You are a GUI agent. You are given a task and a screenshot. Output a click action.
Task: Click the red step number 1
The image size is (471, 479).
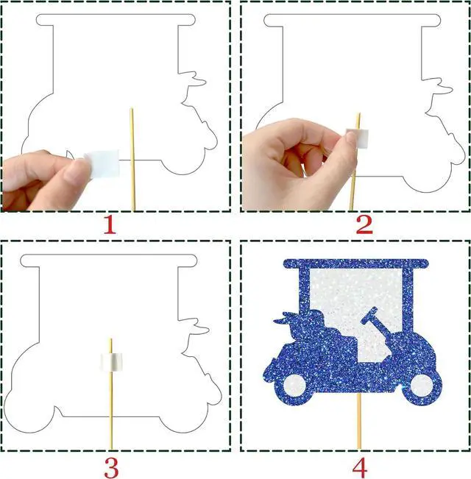110,225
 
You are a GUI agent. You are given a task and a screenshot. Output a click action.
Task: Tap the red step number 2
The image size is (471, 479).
364,225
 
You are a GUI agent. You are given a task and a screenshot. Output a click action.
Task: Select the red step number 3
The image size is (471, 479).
111,468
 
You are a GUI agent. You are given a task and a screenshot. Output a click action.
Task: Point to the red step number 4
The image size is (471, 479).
360,468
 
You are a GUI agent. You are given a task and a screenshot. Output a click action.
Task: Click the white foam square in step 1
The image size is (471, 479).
102,164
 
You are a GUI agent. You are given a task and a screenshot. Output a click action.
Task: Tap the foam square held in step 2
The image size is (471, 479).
358,139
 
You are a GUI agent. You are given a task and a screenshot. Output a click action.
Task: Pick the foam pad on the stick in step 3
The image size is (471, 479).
111,362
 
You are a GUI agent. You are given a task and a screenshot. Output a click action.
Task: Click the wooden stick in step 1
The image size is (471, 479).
132,160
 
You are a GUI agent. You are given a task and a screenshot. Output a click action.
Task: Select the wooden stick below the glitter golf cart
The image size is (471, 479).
359,421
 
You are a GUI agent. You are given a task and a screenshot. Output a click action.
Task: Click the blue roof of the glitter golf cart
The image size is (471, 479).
356,263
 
